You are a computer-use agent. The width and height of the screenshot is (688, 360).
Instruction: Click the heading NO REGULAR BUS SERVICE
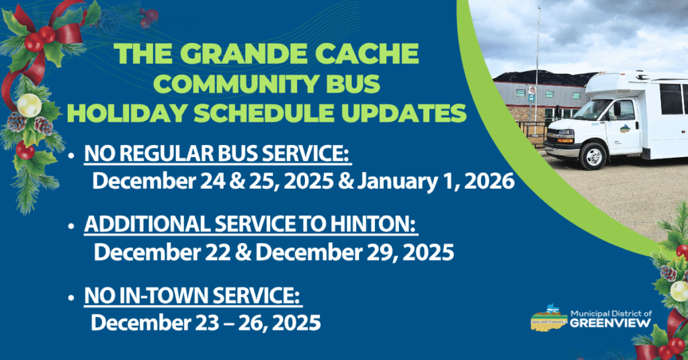tap(218, 156)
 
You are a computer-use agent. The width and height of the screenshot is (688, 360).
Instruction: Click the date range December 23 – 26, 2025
tap(206, 322)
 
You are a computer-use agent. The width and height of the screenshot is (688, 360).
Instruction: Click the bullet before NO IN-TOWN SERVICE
tap(72, 298)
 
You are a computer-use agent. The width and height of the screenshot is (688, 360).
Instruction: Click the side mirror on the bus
tap(616, 109)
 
